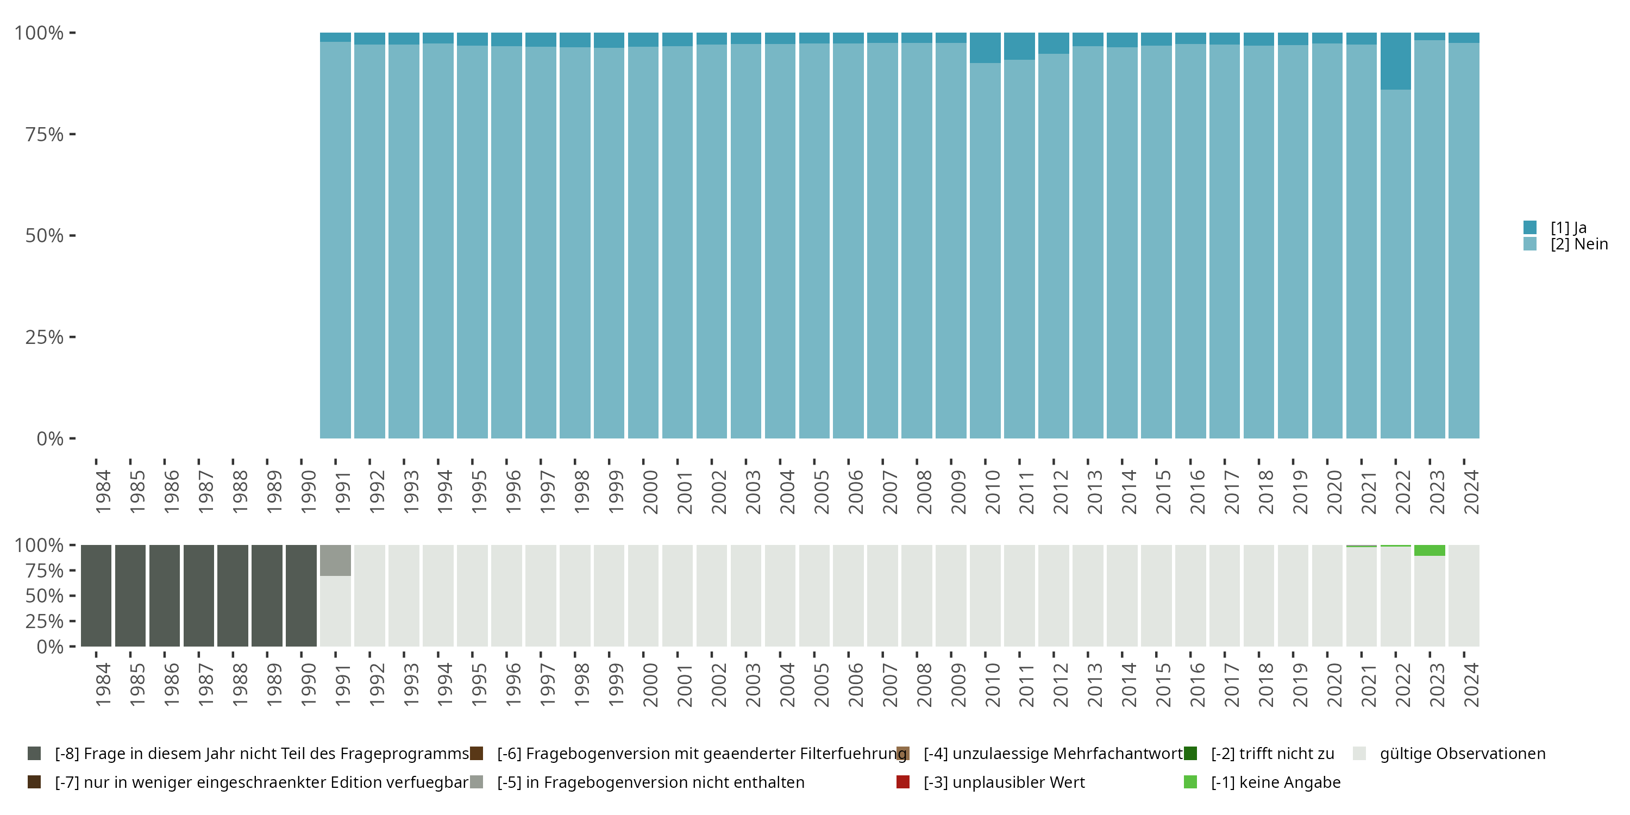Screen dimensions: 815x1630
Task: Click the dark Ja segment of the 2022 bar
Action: [1395, 61]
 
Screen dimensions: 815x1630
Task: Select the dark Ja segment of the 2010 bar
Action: [985, 47]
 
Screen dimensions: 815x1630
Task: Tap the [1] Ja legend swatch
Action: [1529, 227]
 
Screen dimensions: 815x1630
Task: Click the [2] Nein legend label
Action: [1579, 244]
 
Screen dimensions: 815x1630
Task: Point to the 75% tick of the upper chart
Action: [72, 134]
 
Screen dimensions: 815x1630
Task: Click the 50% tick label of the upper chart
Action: [45, 236]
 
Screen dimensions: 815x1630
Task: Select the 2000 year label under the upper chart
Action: [650, 492]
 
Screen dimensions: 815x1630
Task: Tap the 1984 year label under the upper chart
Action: [103, 492]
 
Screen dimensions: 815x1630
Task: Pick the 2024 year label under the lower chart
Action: [1471, 685]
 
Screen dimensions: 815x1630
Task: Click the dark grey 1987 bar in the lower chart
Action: [199, 595]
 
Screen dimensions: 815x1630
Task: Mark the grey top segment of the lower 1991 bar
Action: [335, 560]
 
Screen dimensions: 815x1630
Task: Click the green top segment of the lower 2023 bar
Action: [1430, 550]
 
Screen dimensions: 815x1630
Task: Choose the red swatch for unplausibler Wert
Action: [903, 782]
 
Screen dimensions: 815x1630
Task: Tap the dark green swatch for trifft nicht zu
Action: [1190, 754]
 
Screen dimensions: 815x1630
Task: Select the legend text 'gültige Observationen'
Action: [1462, 754]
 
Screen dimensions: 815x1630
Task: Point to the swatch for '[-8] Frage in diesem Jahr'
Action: [34, 754]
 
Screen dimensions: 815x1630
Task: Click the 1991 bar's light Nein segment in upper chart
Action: [335, 241]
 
